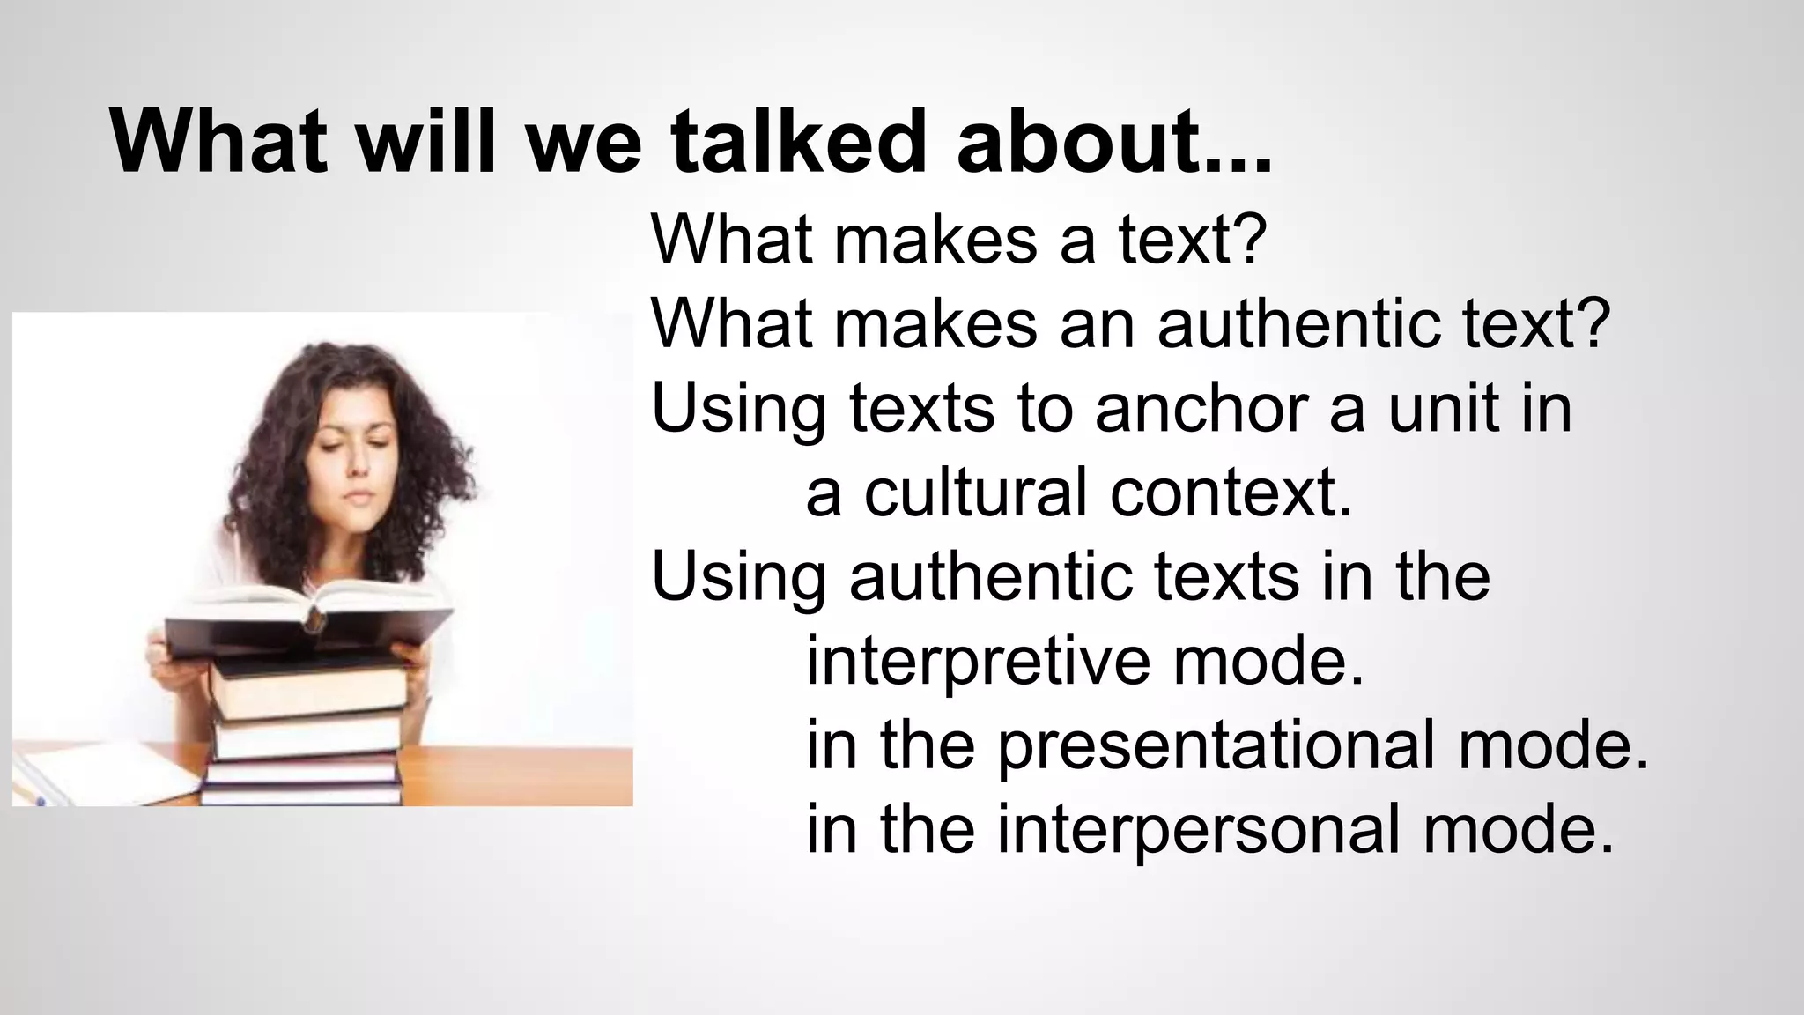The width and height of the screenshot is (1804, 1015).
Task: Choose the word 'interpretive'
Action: coord(977,661)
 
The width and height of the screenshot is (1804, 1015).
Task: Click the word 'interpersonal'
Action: coord(1198,829)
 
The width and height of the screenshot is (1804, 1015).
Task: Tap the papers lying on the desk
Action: coord(106,774)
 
